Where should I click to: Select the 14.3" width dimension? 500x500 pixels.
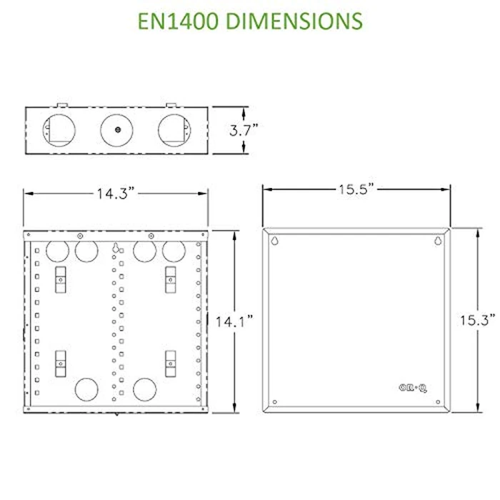116,194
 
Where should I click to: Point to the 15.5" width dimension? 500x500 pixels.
355,189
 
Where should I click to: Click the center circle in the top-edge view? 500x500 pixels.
116,130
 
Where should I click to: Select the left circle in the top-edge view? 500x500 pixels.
59,130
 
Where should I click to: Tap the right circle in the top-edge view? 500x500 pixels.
173,130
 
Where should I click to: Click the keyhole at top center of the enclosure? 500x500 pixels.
115,249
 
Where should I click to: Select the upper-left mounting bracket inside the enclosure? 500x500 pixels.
61,278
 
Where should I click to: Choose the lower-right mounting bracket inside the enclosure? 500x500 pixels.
171,363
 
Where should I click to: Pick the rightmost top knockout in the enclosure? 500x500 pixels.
173,251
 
